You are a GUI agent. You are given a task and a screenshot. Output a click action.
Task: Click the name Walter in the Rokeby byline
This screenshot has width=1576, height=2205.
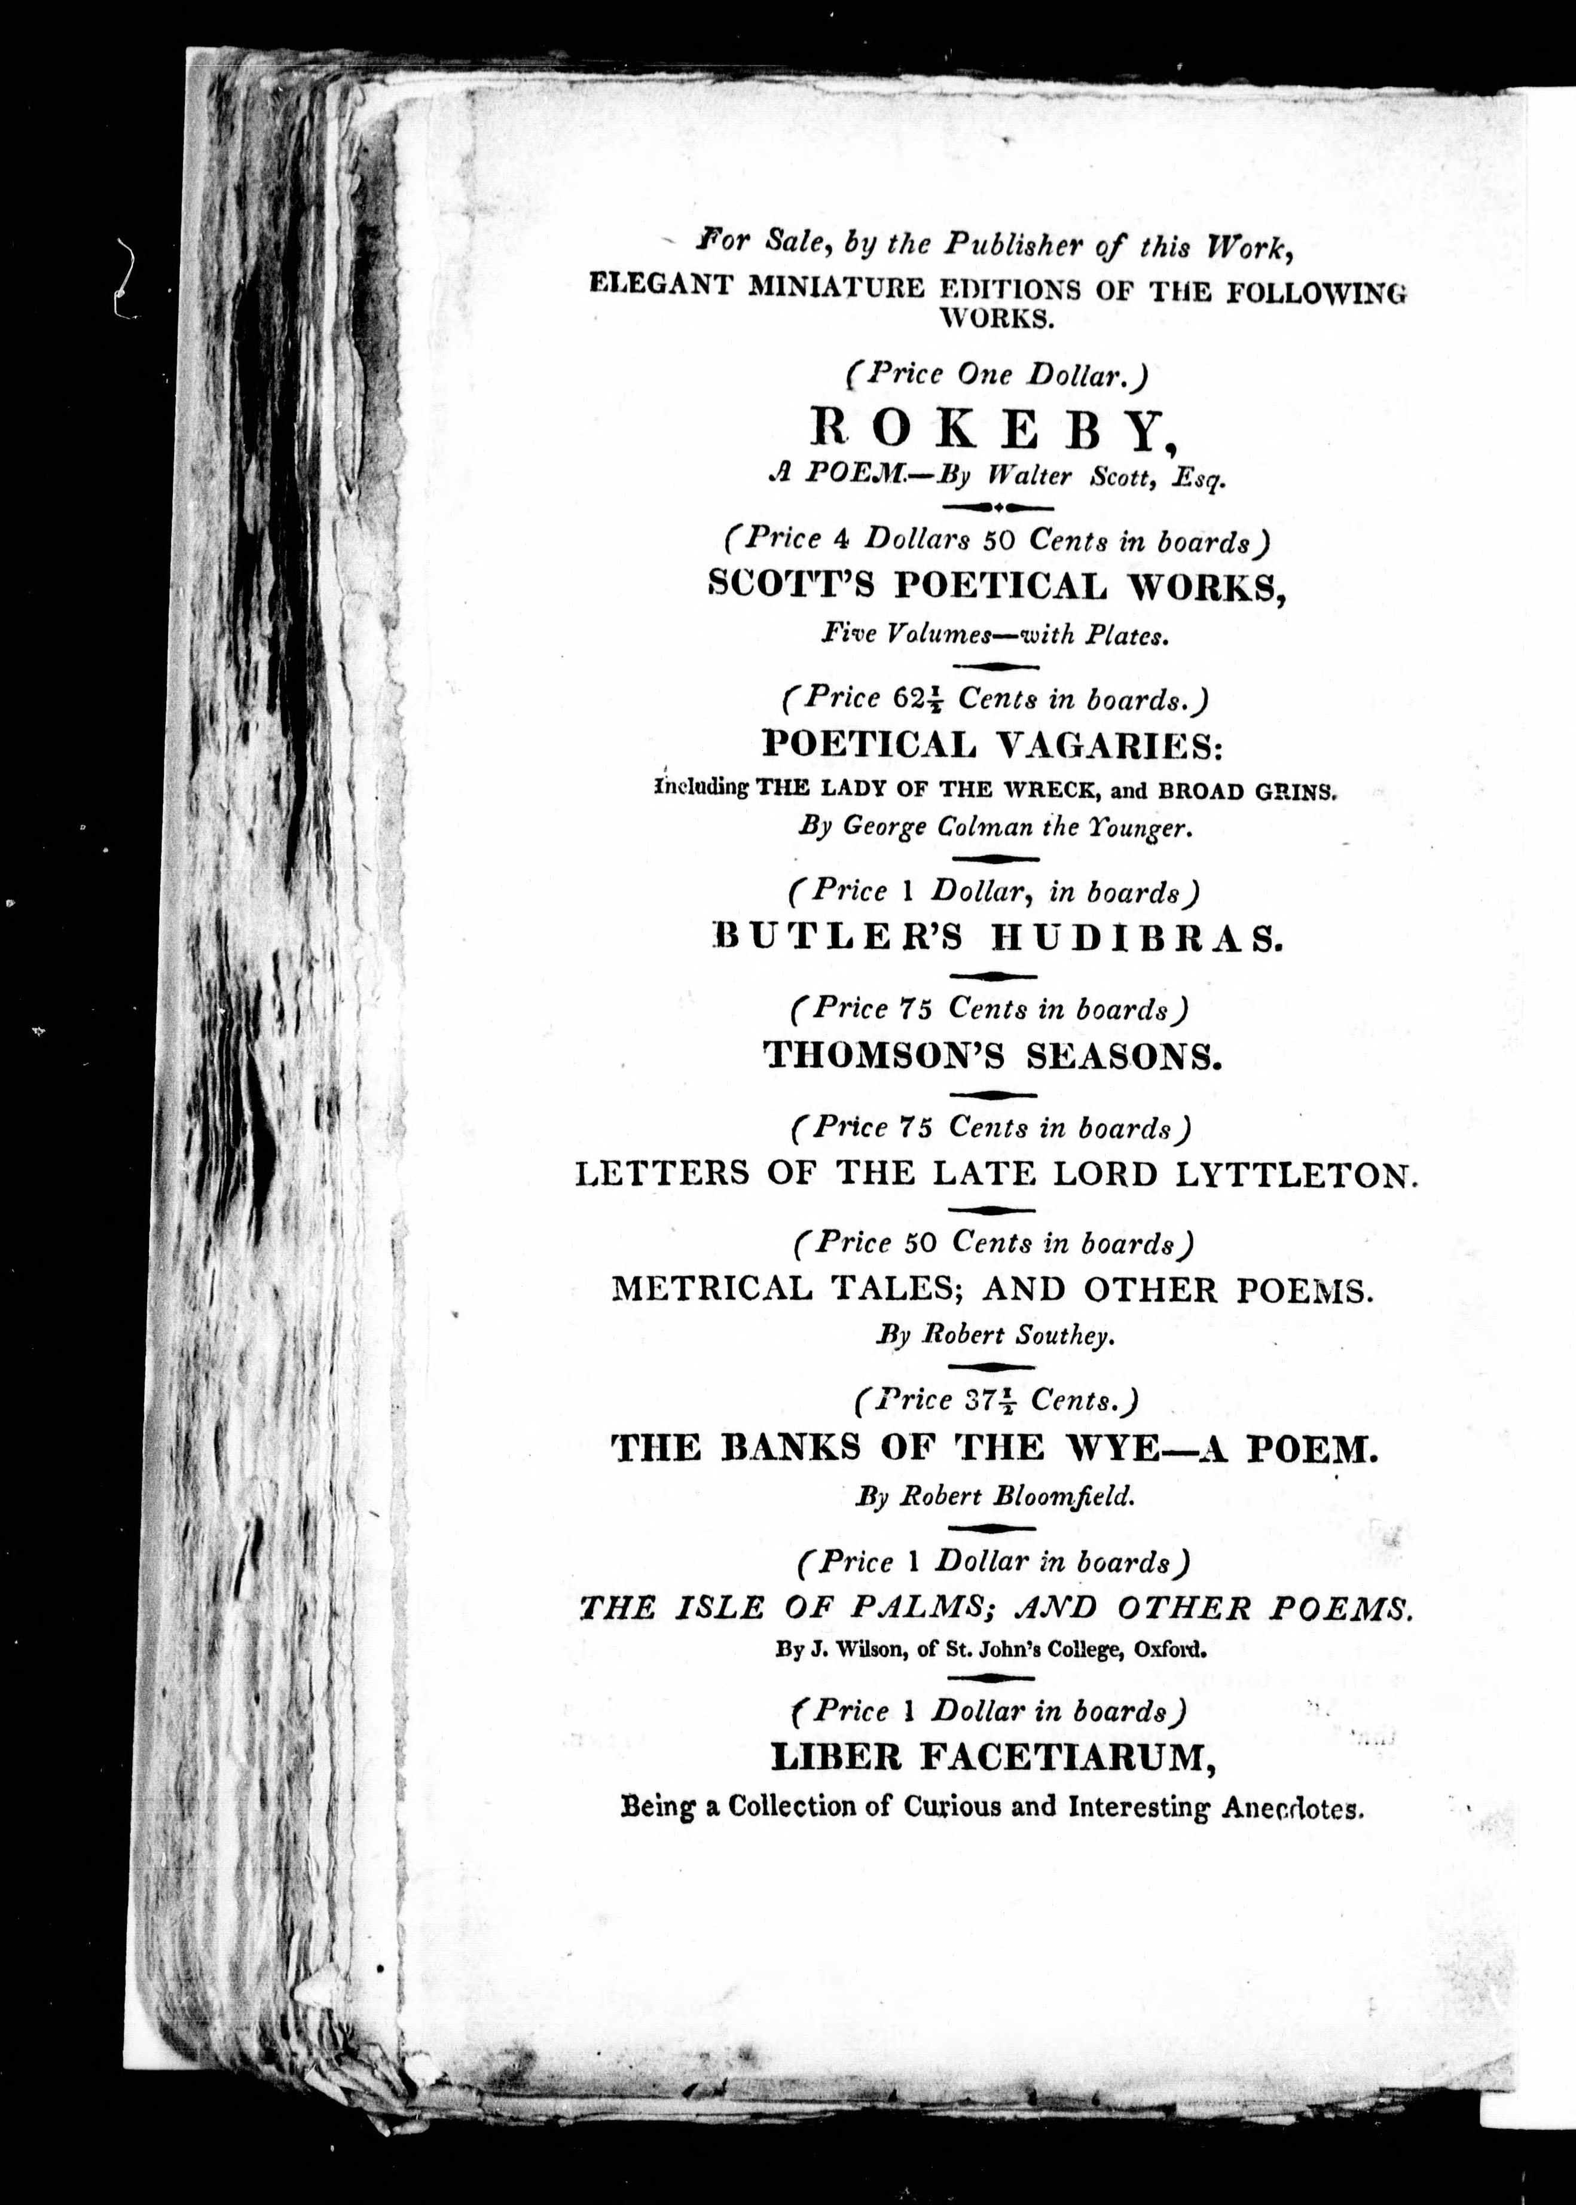[x=1031, y=478]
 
